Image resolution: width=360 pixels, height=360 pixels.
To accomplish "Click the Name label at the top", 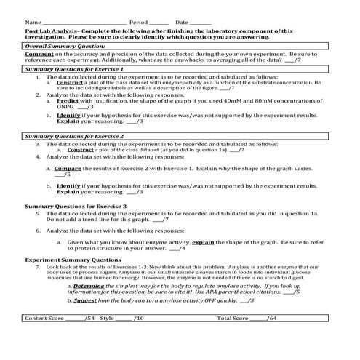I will [31, 23].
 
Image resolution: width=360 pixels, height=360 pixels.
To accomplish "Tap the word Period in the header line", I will [138, 23].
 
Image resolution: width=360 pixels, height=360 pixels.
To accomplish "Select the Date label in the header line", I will [182, 23].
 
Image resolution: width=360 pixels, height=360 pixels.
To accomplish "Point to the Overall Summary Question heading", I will [65, 46].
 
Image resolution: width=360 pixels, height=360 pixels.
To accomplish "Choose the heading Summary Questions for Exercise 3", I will [76, 207].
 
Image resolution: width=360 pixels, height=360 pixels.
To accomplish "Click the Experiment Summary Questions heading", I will [73, 260].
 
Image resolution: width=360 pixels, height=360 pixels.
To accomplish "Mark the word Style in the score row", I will [107, 319].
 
